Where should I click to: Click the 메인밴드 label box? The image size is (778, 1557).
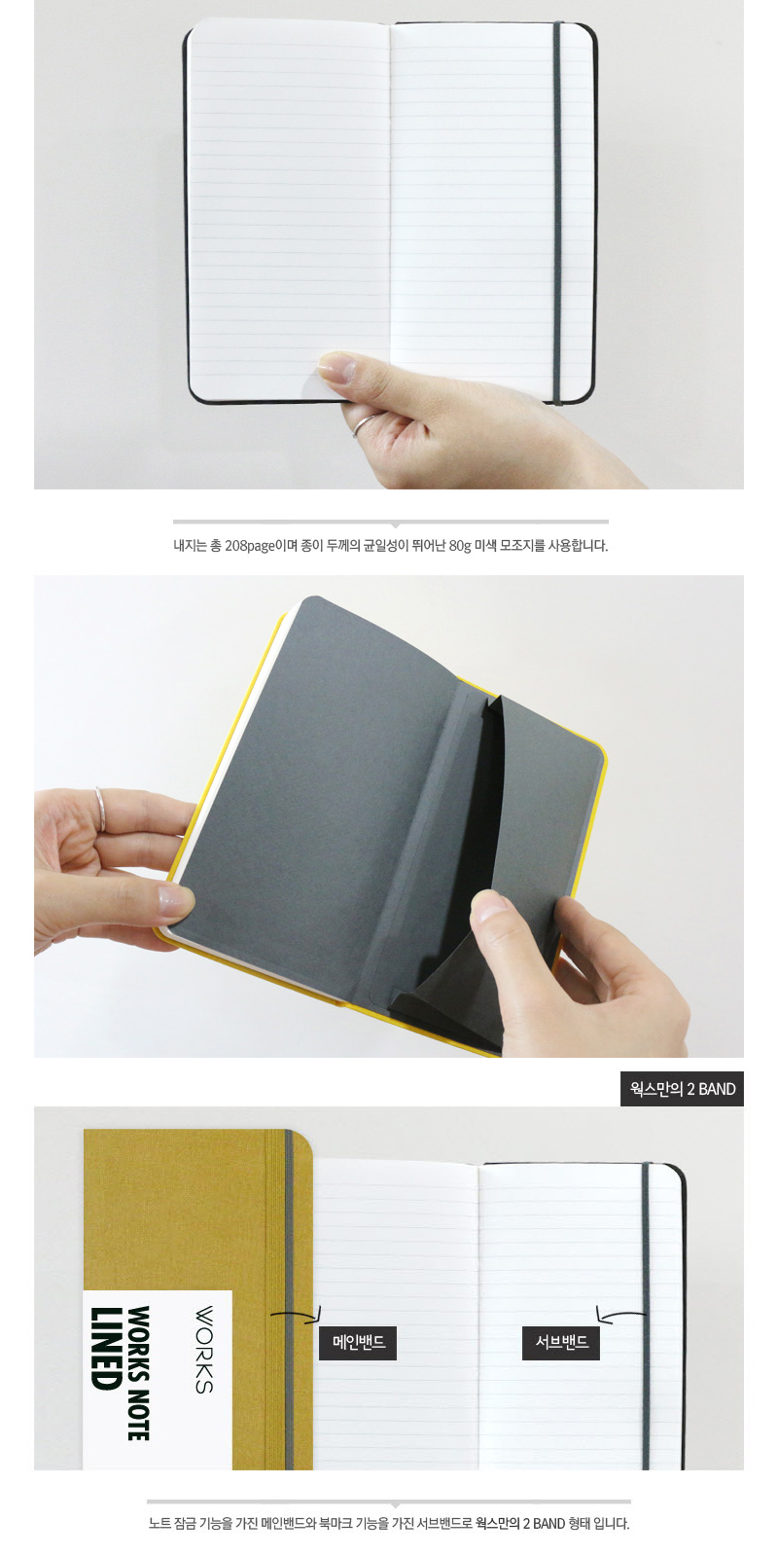[x=358, y=1342]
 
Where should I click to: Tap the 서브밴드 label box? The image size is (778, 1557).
[x=561, y=1342]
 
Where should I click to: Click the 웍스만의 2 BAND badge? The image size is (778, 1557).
[x=682, y=1089]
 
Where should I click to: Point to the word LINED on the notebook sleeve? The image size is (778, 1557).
[x=107, y=1349]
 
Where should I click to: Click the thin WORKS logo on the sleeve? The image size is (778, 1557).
[x=203, y=1349]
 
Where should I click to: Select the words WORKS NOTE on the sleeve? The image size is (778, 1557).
[x=139, y=1373]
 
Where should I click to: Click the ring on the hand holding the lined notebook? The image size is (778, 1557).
[x=366, y=423]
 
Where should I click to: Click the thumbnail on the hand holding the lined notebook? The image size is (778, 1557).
[x=336, y=366]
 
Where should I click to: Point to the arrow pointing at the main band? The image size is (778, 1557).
[x=296, y=1313]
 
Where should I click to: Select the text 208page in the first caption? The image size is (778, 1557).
[x=250, y=546]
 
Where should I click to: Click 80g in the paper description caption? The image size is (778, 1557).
[x=460, y=546]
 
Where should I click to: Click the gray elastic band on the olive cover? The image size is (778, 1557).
[x=289, y=1300]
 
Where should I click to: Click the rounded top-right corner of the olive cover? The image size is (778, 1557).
[x=305, y=1138]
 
